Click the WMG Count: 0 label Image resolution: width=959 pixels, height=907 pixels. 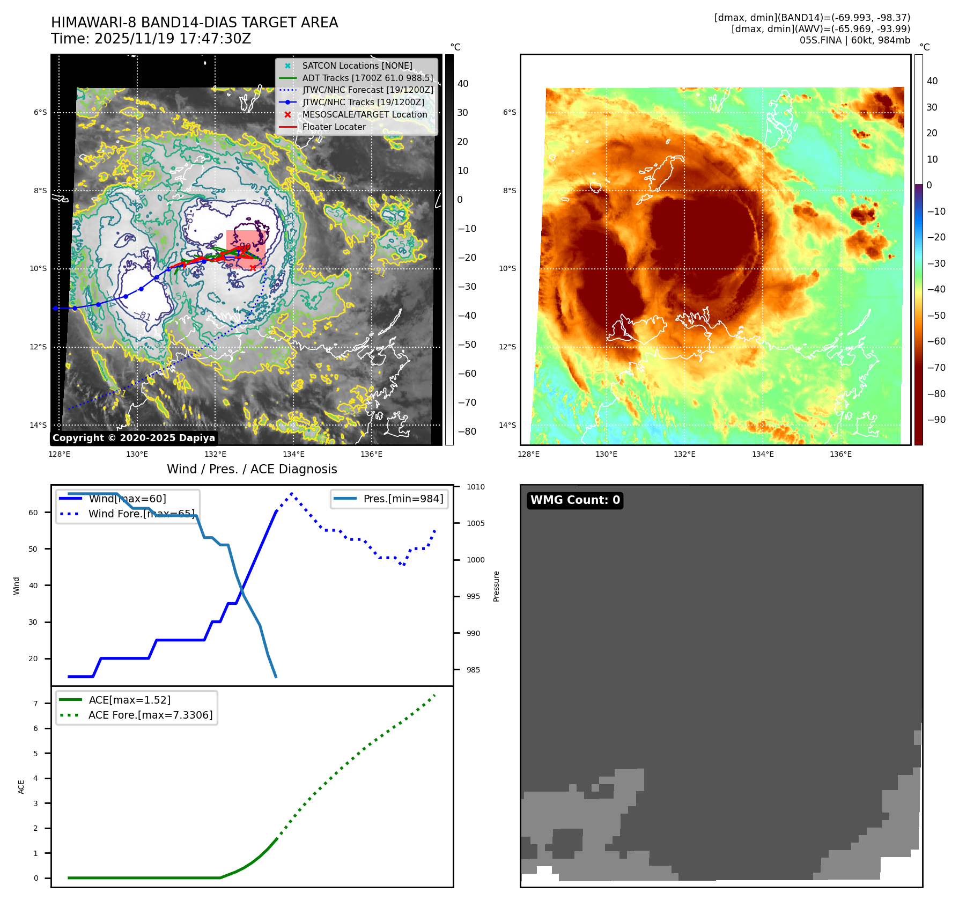[575, 500]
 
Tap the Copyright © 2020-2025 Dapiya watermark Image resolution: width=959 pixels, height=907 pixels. [134, 438]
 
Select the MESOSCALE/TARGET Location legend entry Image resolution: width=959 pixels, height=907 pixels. [364, 114]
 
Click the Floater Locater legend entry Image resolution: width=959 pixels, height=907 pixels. [334, 127]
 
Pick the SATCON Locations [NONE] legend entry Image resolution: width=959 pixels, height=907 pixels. [357, 65]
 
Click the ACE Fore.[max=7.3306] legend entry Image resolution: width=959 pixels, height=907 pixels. [150, 715]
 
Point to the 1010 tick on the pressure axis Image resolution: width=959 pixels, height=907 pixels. [475, 487]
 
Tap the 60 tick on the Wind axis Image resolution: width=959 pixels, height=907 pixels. [33, 513]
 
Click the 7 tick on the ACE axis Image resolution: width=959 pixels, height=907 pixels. [35, 704]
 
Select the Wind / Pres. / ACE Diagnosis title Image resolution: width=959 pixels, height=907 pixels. [252, 469]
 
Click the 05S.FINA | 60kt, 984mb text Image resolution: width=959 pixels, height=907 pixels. [854, 40]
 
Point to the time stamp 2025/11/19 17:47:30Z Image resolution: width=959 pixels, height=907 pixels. [173, 39]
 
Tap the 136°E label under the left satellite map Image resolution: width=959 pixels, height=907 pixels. [371, 454]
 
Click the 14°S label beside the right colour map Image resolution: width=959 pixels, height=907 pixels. [507, 425]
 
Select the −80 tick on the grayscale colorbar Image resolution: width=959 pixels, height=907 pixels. [467, 431]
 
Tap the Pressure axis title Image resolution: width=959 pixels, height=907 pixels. [496, 586]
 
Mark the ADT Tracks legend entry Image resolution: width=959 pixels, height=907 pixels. [367, 78]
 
